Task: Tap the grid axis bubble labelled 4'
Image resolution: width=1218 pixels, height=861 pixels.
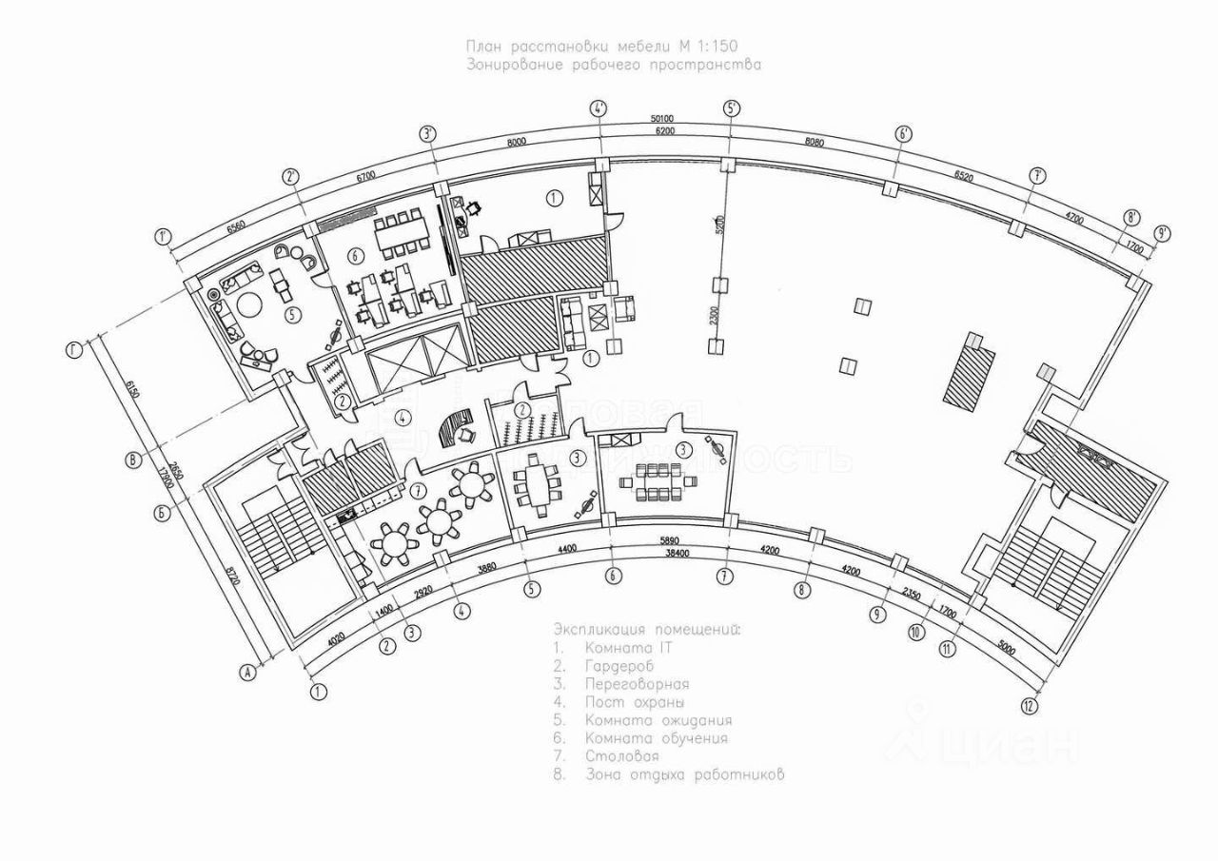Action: coord(599,108)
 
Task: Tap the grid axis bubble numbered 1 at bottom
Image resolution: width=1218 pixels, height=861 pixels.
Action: coord(318,692)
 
